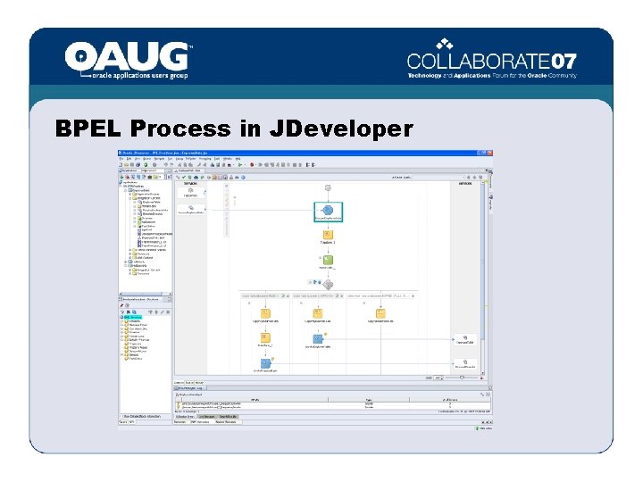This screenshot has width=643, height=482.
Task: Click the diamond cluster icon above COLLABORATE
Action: pos(445,44)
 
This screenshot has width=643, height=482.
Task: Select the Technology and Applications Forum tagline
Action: pos(492,76)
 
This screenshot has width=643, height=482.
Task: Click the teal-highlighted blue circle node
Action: pos(328,210)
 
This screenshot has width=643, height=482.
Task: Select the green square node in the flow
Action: pos(328,261)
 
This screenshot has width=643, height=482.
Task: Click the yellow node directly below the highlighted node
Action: pos(328,236)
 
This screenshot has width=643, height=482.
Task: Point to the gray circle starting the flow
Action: pos(328,187)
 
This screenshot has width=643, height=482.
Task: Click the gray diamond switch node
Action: pos(328,284)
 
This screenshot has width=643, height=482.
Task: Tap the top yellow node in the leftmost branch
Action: pos(265,313)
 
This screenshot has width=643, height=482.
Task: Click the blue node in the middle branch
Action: pos(317,339)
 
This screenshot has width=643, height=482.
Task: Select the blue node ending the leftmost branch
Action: pos(265,363)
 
